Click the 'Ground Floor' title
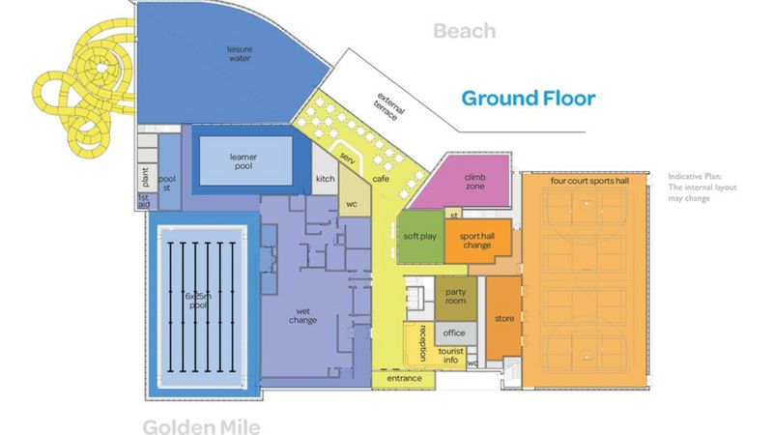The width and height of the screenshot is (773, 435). coord(528,98)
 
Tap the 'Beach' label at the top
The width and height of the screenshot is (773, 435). coord(464,32)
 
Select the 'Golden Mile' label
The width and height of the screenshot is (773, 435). coord(201,425)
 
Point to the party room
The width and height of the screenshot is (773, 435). coord(454,296)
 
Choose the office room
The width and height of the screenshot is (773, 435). coord(454,333)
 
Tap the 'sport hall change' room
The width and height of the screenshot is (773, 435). coord(475,241)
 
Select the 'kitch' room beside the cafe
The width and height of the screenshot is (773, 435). coord(325,180)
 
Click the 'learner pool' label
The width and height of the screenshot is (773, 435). coord(243,159)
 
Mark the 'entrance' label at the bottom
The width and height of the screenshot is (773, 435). coord(405,378)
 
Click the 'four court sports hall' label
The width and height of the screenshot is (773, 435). coord(589,181)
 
